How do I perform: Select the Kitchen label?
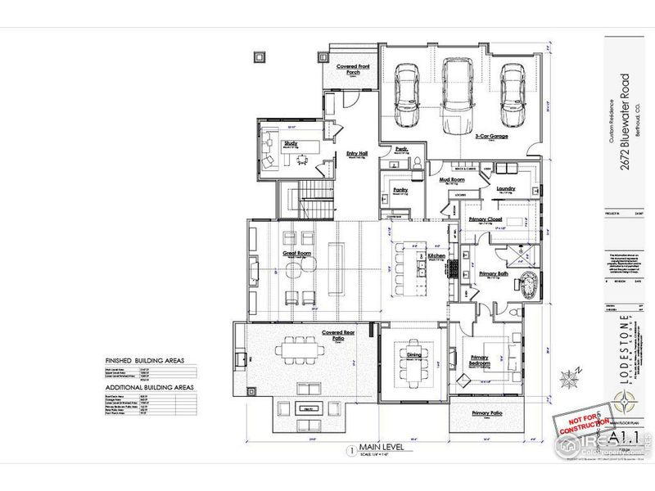pyautogui.click(x=436, y=256)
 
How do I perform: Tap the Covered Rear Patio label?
pyautogui.click(x=314, y=333)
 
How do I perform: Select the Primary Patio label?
pyautogui.click(x=486, y=413)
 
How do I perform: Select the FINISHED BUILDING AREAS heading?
pyautogui.click(x=143, y=360)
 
